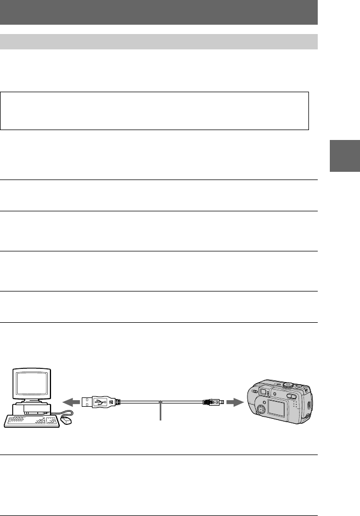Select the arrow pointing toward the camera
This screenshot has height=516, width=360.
(234, 402)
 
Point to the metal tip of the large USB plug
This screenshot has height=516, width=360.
(87, 402)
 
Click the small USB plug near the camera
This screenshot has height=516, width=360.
(212, 402)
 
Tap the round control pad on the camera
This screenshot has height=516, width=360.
(263, 409)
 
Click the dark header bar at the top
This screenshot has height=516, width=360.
(159, 12)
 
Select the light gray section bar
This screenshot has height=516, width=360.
(159, 42)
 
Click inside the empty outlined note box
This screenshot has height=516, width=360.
(154, 111)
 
